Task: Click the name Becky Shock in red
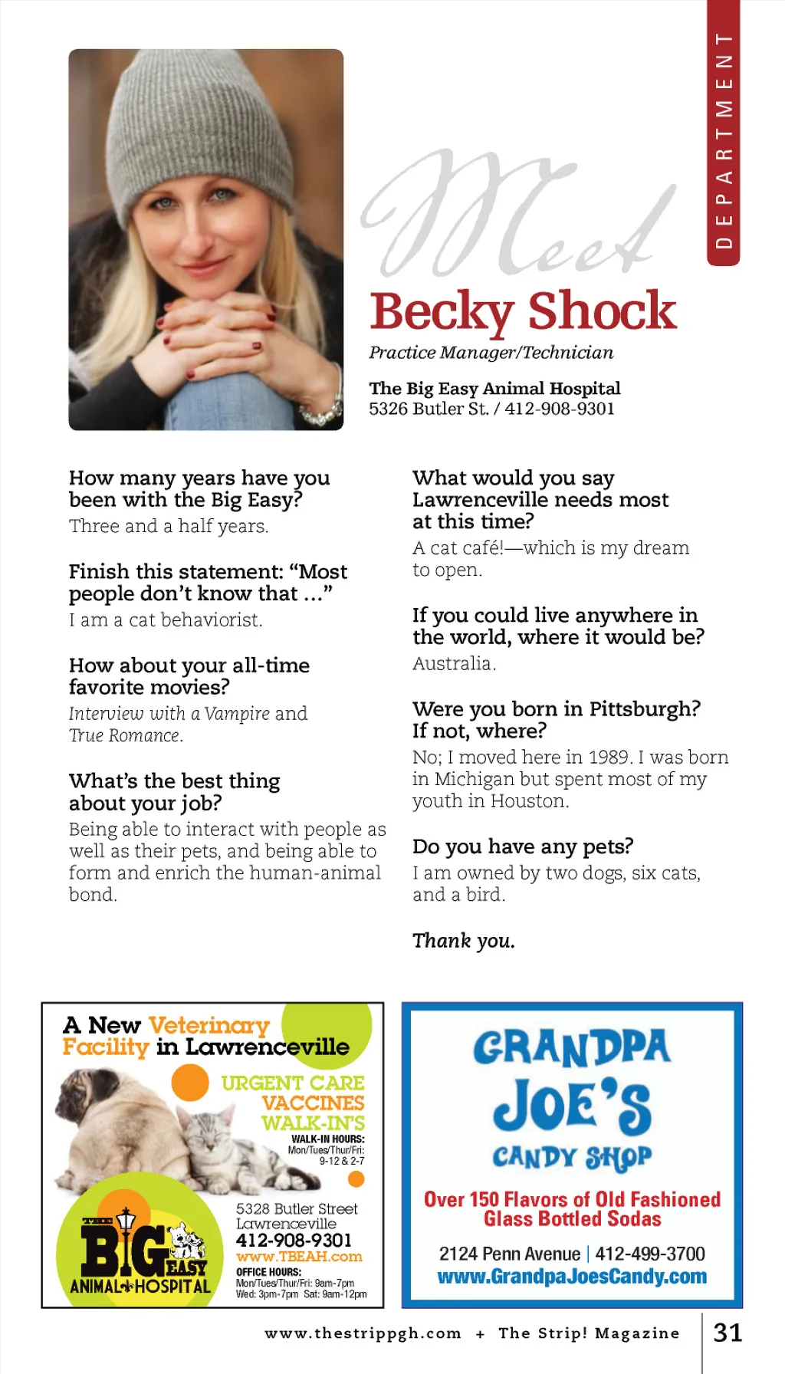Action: pyautogui.click(x=523, y=311)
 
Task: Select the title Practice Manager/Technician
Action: pyautogui.click(x=491, y=353)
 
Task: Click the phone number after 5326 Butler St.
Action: pyautogui.click(x=560, y=409)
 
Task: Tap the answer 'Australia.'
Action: pyautogui.click(x=454, y=663)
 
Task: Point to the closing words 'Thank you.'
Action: pyautogui.click(x=463, y=941)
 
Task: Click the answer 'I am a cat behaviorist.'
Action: pyautogui.click(x=166, y=620)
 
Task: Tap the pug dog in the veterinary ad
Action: pyautogui.click(x=115, y=1127)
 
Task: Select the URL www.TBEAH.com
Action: pyautogui.click(x=299, y=1257)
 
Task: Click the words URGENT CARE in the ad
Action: pyautogui.click(x=293, y=1083)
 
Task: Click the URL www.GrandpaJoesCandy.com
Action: pyautogui.click(x=572, y=1277)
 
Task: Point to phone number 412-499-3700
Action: pyautogui.click(x=650, y=1254)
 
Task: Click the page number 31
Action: pyautogui.click(x=728, y=1333)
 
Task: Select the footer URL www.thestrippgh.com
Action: pyautogui.click(x=363, y=1333)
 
